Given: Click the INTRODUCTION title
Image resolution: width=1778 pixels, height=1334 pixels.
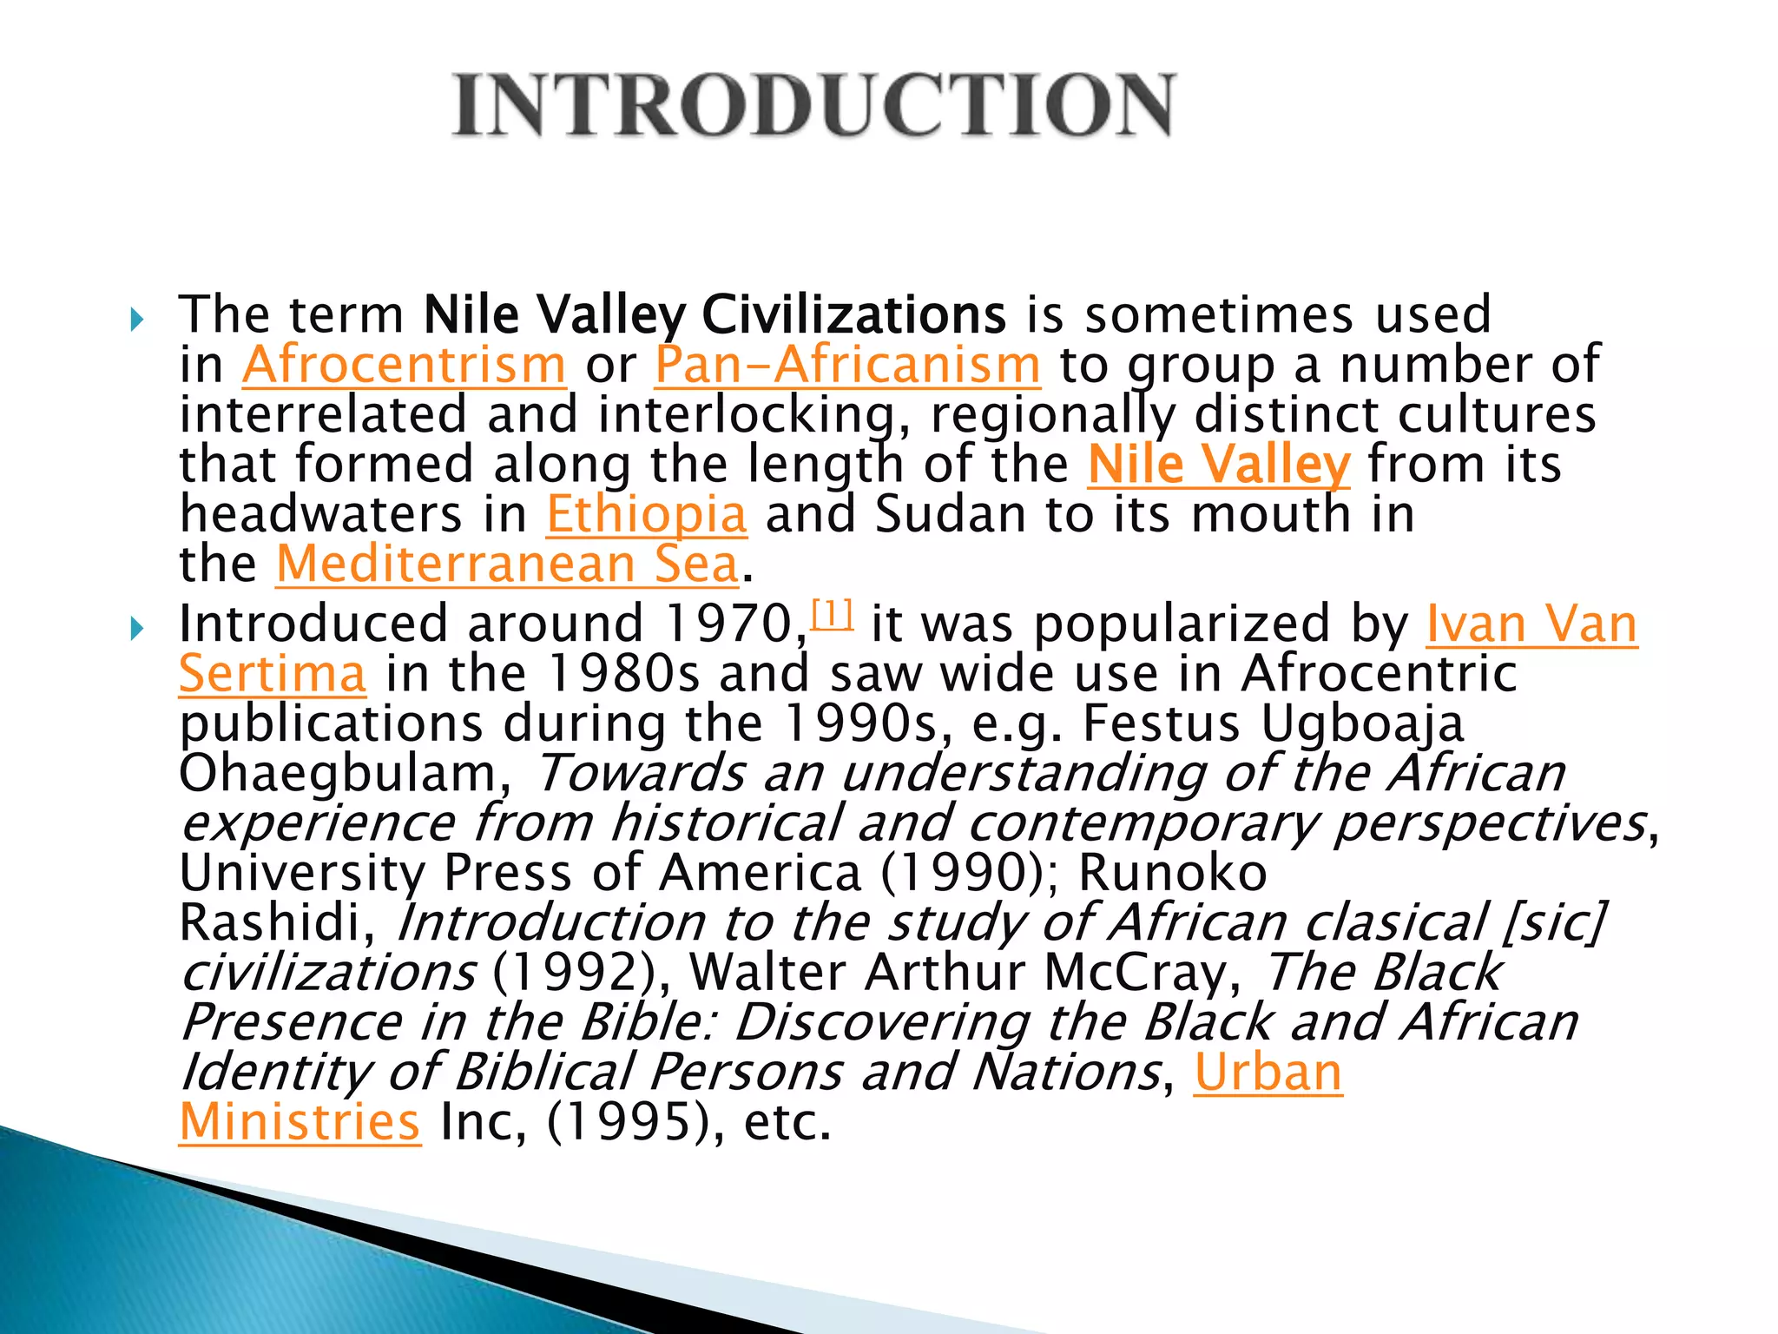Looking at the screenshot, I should (x=813, y=105).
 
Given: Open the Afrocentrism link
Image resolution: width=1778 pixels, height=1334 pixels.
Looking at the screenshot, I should (x=404, y=365).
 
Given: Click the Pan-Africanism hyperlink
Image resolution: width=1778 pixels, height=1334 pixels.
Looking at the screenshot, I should (x=847, y=365).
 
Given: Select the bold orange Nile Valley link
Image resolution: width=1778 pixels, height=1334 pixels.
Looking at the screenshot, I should (x=1219, y=465).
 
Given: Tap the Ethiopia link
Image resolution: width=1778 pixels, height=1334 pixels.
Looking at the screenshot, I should (x=646, y=514).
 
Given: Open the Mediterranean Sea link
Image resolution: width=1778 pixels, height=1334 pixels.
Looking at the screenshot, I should (x=508, y=565).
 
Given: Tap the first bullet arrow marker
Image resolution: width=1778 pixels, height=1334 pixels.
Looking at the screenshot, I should (x=136, y=320).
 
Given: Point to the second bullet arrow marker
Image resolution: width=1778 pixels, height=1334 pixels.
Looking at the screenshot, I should (x=136, y=629).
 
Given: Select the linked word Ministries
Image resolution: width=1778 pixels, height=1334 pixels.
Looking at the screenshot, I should (x=300, y=1122).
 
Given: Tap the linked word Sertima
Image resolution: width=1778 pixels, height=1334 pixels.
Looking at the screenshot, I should (x=273, y=675).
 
